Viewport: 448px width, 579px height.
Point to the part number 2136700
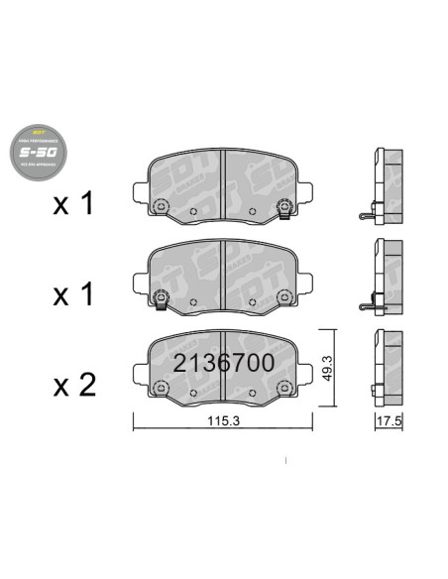223,363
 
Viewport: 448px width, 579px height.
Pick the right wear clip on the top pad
284,208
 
